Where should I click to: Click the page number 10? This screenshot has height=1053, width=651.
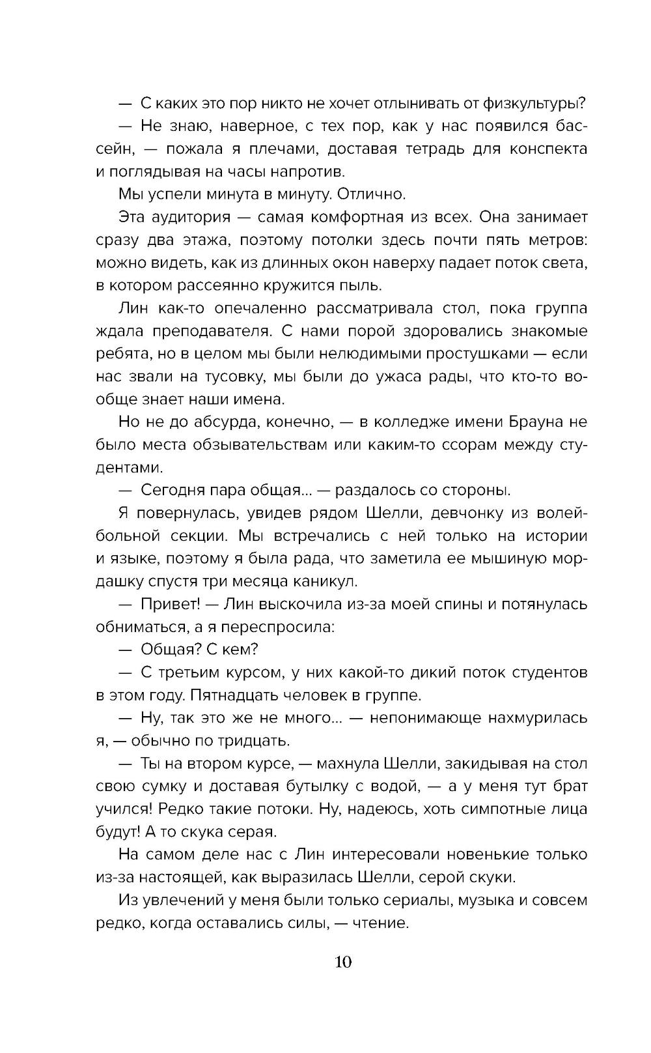(343, 961)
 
